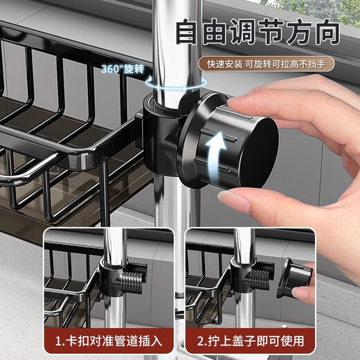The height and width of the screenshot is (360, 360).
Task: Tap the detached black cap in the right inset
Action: click(x=294, y=277)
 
